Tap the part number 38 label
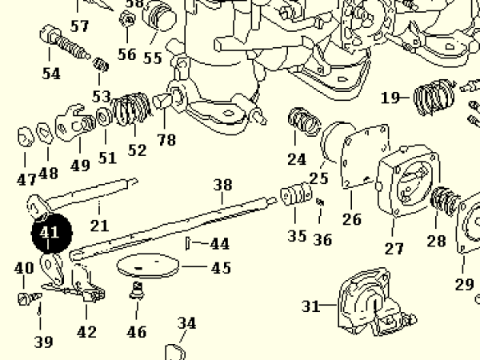222,186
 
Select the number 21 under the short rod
99,226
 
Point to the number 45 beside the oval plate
221,268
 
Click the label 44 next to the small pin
219,243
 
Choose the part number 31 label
311,306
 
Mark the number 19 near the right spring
390,98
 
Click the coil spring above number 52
130,112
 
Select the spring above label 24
302,123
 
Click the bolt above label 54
64,44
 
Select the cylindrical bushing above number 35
294,194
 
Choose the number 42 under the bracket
86,332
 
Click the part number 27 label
394,249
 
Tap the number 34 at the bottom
186,324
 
